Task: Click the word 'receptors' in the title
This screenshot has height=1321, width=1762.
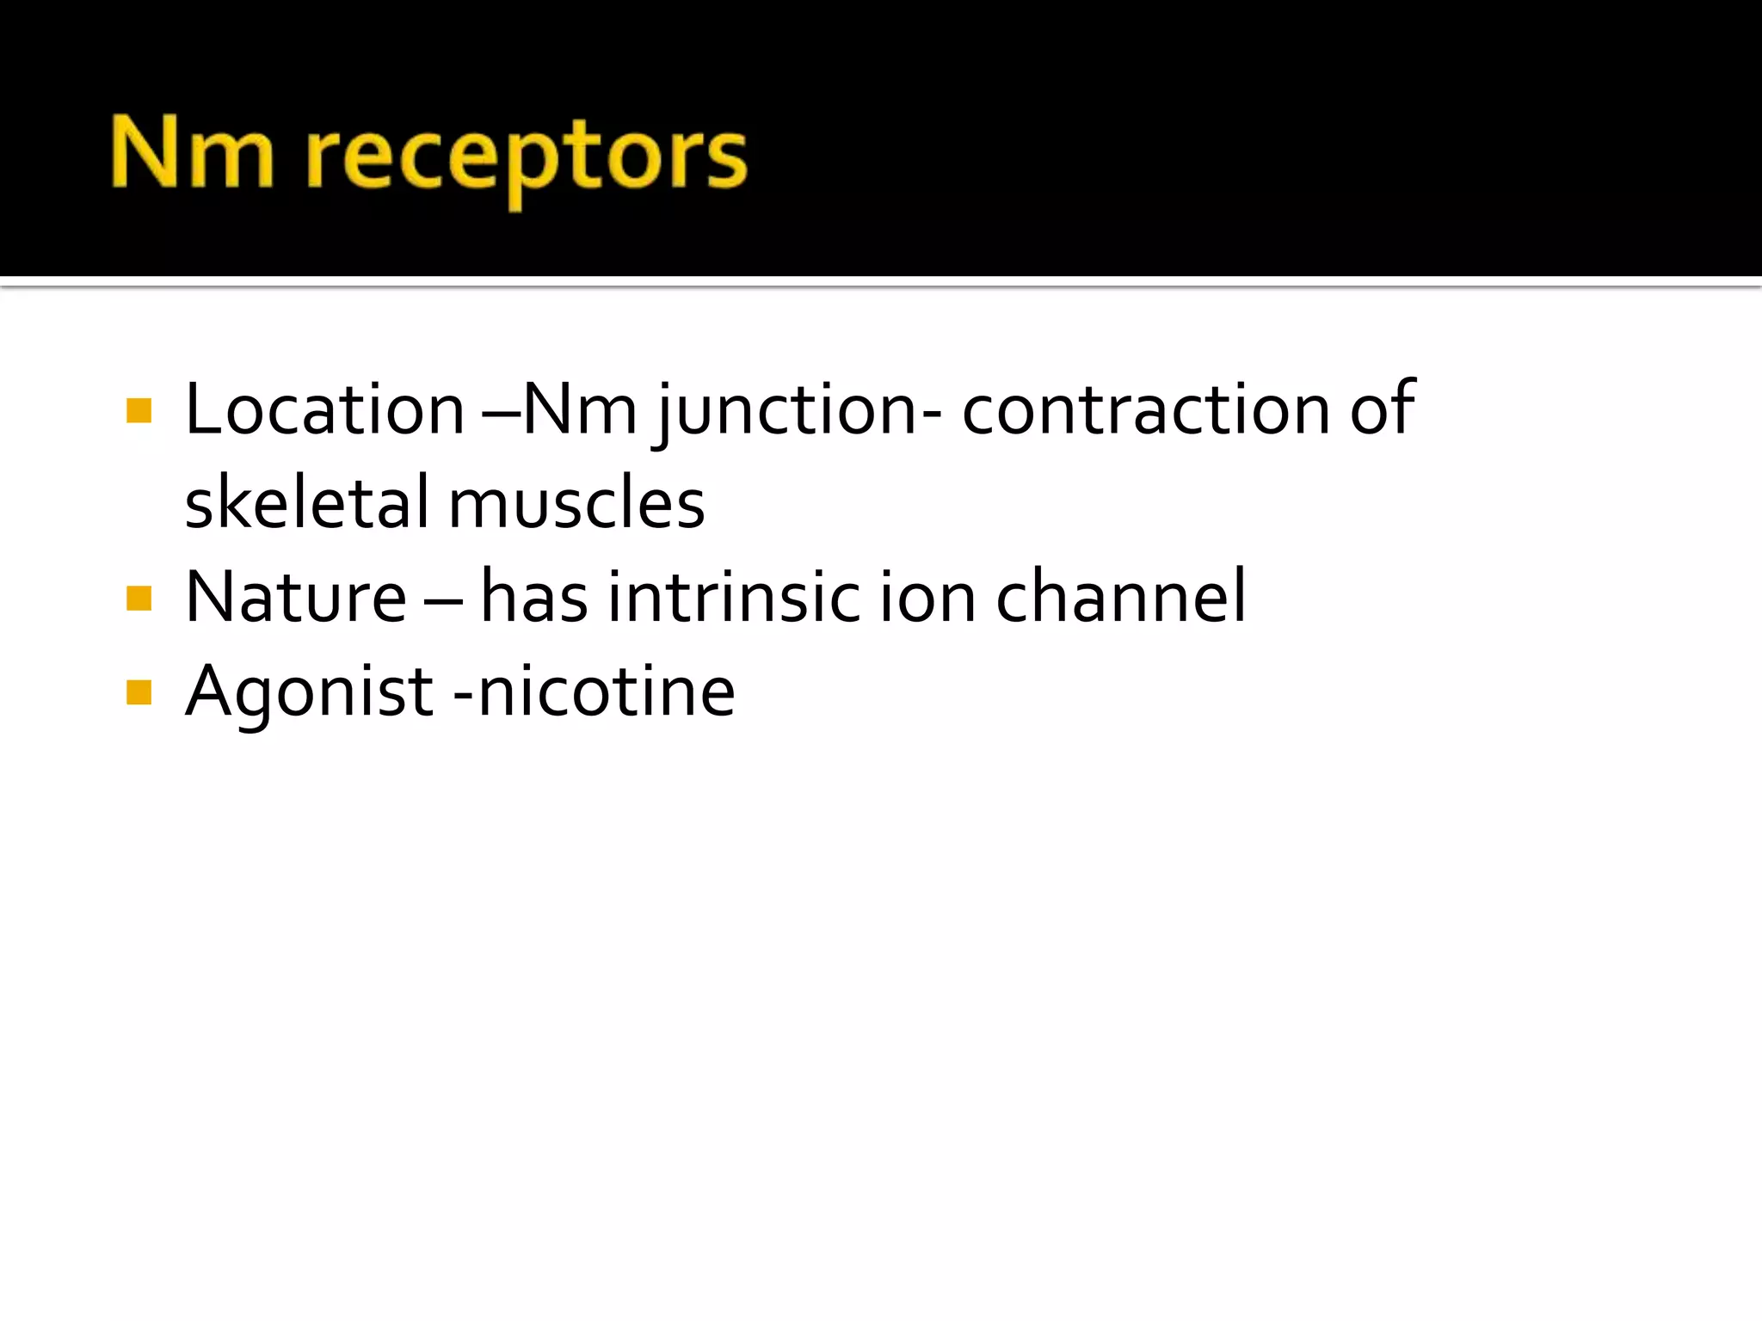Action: (527, 159)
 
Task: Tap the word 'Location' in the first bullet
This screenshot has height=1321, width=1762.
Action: (325, 409)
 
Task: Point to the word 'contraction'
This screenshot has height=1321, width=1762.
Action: (1146, 409)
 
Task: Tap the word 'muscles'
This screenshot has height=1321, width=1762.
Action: (576, 504)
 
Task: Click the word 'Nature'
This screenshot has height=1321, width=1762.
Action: (296, 597)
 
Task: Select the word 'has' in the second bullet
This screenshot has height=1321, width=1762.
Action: (533, 597)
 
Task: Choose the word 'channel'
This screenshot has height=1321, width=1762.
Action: (1120, 597)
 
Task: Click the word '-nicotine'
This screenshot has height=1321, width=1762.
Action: (594, 691)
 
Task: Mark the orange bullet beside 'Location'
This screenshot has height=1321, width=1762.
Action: (139, 410)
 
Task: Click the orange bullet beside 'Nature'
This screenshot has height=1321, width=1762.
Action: (139, 598)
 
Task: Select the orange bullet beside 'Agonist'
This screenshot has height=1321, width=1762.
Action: (139, 692)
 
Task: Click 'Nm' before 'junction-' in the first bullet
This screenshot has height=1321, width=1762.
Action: (580, 409)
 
